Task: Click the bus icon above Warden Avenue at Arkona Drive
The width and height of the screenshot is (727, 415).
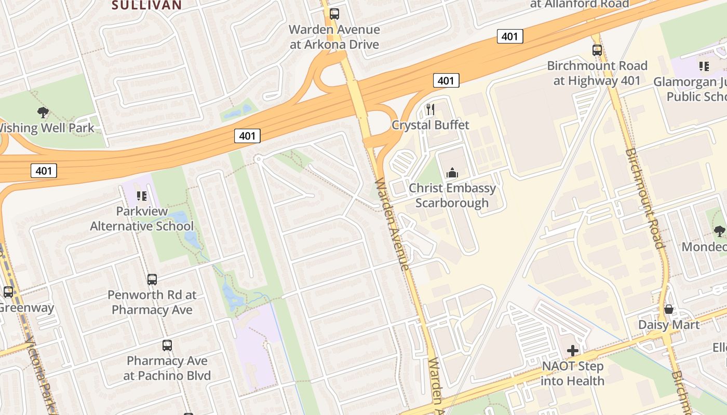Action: pos(334,14)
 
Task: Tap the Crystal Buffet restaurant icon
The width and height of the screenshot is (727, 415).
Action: pos(430,109)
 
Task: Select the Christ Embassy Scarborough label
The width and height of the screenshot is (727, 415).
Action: pos(452,195)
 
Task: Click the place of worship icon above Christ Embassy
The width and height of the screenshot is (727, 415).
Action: pos(452,173)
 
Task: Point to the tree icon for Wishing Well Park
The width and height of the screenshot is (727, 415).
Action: pos(43,112)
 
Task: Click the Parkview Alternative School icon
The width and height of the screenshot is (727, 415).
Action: pos(141,196)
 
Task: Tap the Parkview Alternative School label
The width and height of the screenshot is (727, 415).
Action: pos(142,219)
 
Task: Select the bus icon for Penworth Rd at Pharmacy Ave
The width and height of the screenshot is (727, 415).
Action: pos(152,280)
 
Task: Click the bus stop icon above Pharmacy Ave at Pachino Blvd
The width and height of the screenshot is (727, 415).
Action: pos(167,345)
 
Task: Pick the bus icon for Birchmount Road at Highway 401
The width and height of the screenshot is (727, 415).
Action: pos(597,50)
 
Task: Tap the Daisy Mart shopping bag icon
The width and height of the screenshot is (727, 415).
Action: pos(669,310)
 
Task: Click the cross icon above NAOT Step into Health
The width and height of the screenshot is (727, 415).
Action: pos(573,351)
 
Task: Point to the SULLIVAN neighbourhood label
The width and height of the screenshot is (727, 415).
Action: pos(147,5)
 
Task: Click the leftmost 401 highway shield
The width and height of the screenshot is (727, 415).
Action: pos(43,170)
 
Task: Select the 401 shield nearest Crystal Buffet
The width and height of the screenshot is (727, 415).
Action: pos(446,80)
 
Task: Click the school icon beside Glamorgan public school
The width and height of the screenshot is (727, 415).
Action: pos(704,66)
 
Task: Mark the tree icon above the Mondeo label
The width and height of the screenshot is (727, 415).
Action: pos(719,231)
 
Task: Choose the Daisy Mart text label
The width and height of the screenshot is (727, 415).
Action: pos(669,325)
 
